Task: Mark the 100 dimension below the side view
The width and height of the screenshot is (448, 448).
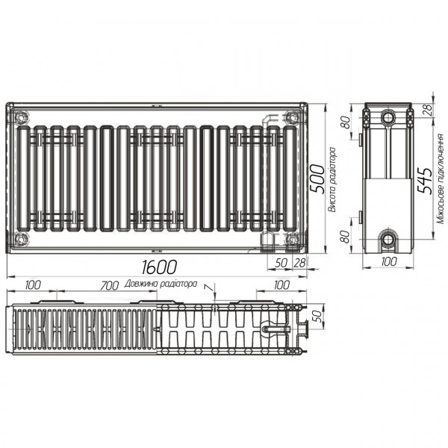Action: tap(388, 261)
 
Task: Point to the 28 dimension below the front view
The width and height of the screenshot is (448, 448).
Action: tap(300, 263)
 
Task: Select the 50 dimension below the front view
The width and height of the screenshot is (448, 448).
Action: tap(281, 263)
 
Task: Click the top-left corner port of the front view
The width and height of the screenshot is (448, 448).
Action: tap(20, 116)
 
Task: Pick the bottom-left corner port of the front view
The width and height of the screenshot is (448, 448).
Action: tap(20, 238)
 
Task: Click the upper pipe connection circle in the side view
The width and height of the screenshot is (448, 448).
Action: tap(389, 118)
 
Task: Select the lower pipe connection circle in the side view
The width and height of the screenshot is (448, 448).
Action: tap(389, 239)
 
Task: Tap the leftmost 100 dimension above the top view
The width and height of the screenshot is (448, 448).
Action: tap(32, 284)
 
